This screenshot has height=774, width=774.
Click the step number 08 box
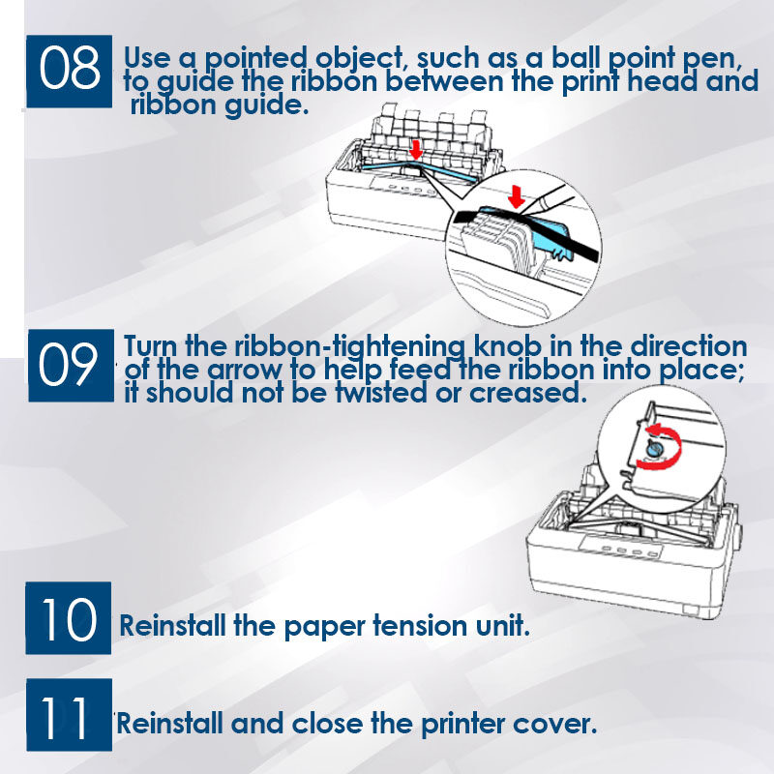[69, 71]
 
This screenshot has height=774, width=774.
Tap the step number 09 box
[71, 366]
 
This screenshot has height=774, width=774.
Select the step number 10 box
[68, 618]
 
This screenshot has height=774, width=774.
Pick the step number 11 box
[69, 715]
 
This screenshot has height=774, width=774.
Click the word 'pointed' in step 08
[255, 59]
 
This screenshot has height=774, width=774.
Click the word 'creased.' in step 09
[527, 394]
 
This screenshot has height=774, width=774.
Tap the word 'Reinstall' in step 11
[170, 724]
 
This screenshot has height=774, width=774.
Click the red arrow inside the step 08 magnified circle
[517, 196]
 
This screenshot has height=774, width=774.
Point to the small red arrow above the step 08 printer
[416, 150]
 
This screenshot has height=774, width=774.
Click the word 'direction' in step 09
[689, 346]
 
